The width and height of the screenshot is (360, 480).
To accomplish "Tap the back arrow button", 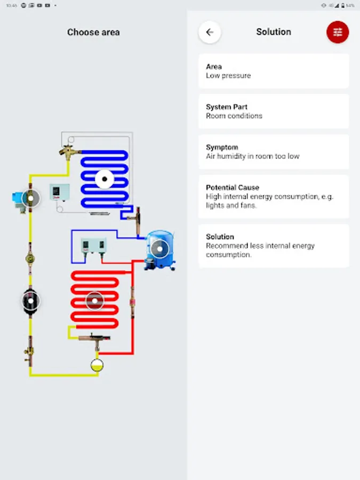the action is click(x=210, y=32).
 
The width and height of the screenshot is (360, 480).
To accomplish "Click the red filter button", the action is click(x=338, y=32).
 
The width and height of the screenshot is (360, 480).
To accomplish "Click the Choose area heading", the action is click(x=93, y=32).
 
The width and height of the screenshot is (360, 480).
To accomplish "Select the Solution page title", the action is click(x=274, y=32).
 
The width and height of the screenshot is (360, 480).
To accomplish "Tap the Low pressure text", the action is click(x=228, y=76).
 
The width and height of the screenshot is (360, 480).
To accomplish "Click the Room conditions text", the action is click(x=234, y=116).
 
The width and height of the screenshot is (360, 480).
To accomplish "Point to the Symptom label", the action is click(x=222, y=147).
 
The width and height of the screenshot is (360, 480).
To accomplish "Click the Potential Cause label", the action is click(x=233, y=187).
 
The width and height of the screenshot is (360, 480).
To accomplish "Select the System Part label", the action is click(x=227, y=107).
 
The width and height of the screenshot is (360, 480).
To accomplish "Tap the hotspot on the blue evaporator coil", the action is click(x=105, y=179).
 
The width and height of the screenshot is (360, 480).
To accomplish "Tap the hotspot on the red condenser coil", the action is click(x=94, y=301).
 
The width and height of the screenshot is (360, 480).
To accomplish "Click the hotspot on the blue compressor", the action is click(x=159, y=249).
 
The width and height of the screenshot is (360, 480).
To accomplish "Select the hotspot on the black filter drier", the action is click(x=30, y=301).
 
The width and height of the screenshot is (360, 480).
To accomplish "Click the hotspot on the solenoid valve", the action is click(x=30, y=198).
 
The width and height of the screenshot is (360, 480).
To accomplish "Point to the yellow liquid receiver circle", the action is click(x=97, y=365).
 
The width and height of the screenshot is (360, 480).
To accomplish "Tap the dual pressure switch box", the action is click(x=94, y=245).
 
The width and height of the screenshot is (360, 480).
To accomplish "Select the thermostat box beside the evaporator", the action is click(x=60, y=192).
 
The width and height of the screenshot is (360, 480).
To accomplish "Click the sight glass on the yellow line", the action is click(x=30, y=259).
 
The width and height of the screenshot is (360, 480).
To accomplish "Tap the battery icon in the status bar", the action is click(x=343, y=5).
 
